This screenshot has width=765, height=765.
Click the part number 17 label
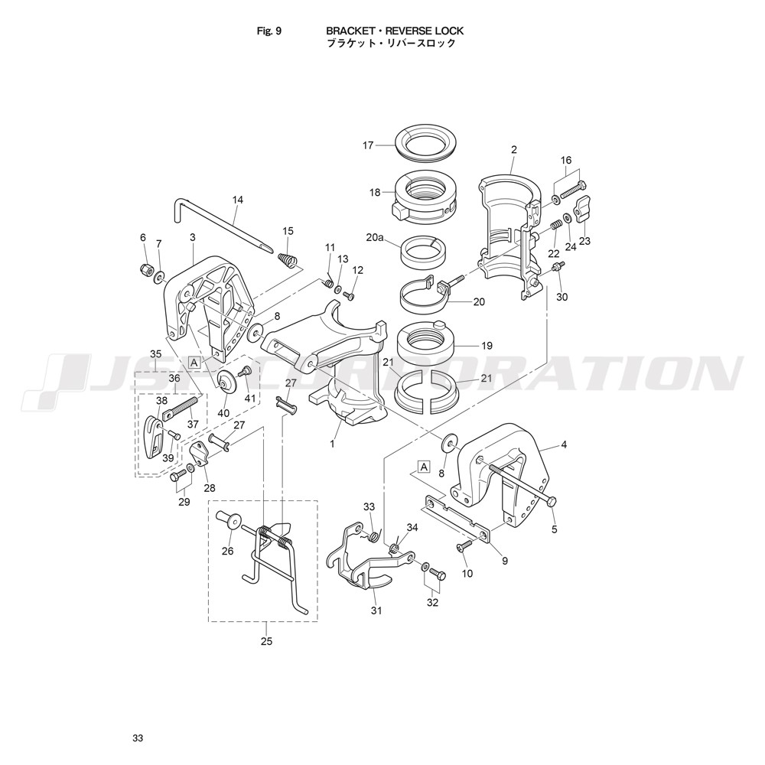pyautogui.click(x=368, y=145)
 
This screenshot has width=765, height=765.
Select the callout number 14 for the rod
pyautogui.click(x=238, y=200)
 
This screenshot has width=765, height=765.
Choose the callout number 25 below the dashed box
pyautogui.click(x=266, y=641)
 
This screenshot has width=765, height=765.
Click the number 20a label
pyautogui.click(x=374, y=238)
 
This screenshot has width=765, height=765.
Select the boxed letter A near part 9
pyautogui.click(x=425, y=467)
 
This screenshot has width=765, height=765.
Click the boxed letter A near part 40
pyautogui.click(x=194, y=363)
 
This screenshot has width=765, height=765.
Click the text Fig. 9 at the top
pyautogui.click(x=269, y=31)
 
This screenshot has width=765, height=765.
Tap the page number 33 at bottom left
pyautogui.click(x=138, y=739)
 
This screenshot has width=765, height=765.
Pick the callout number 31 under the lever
pyautogui.click(x=376, y=610)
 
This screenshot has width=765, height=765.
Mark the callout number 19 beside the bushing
pyautogui.click(x=487, y=346)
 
